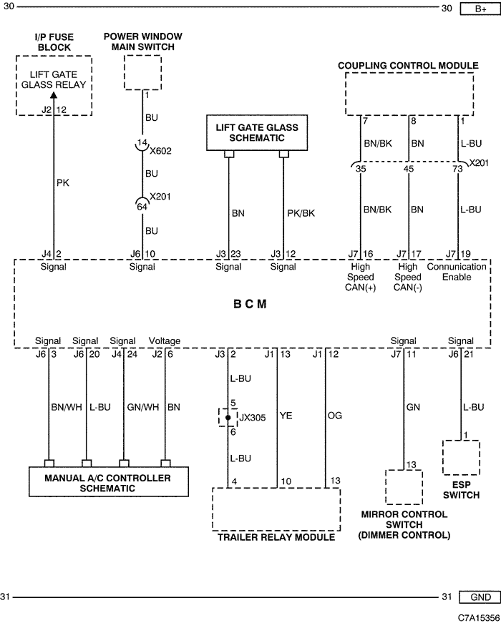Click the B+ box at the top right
[x=480, y=9]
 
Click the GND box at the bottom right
[x=480, y=597]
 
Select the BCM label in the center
[x=250, y=304]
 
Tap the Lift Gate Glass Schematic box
[x=257, y=133]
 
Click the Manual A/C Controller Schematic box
[x=109, y=482]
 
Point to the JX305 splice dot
[x=228, y=418]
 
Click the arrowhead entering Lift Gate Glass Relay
[x=54, y=95]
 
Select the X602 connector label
[x=160, y=151]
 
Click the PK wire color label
[x=63, y=183]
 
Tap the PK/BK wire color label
[x=301, y=213]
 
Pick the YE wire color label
[x=286, y=416]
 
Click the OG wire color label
[x=335, y=416]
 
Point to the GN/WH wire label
[x=142, y=407]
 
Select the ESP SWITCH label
[x=461, y=490]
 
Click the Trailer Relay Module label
[x=276, y=537]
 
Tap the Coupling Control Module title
[x=409, y=66]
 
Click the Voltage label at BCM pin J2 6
[x=164, y=341]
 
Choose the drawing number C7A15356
[x=479, y=618]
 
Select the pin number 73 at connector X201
[x=457, y=169]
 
